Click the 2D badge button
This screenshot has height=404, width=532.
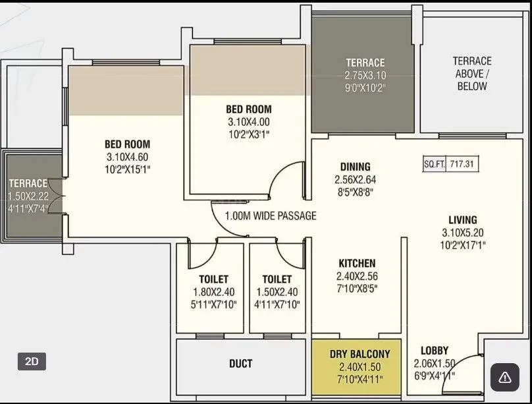coord(32,361)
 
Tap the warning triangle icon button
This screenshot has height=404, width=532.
coord(505,377)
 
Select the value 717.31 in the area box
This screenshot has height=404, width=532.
coord(462,164)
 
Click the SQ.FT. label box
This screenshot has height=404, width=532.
coord(434,164)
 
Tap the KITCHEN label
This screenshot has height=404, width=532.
coord(357,263)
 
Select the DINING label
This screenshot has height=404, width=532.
coord(355,167)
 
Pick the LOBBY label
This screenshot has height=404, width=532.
coord(435,351)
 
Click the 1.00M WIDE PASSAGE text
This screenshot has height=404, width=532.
coord(270,216)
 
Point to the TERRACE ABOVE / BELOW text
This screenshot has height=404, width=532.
coord(472,73)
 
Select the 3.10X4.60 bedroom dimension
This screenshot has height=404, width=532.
coord(127,156)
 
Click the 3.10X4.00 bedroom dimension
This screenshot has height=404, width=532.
coord(248,122)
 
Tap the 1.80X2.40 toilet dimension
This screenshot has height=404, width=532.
coord(213,292)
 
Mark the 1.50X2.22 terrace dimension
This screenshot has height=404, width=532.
coord(28,196)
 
